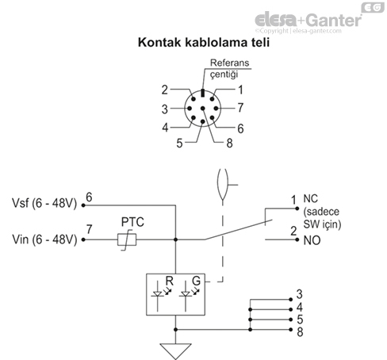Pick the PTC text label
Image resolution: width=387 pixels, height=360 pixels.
132,222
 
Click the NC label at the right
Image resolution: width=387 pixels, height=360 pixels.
311,200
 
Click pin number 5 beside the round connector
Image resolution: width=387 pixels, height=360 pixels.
180,143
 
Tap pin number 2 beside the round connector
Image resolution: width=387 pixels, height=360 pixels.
165,90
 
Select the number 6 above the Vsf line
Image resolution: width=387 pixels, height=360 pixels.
89,197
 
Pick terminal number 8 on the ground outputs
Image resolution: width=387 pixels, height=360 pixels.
299,331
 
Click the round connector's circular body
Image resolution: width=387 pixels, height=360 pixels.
205,110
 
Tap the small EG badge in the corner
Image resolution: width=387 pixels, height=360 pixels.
370,7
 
